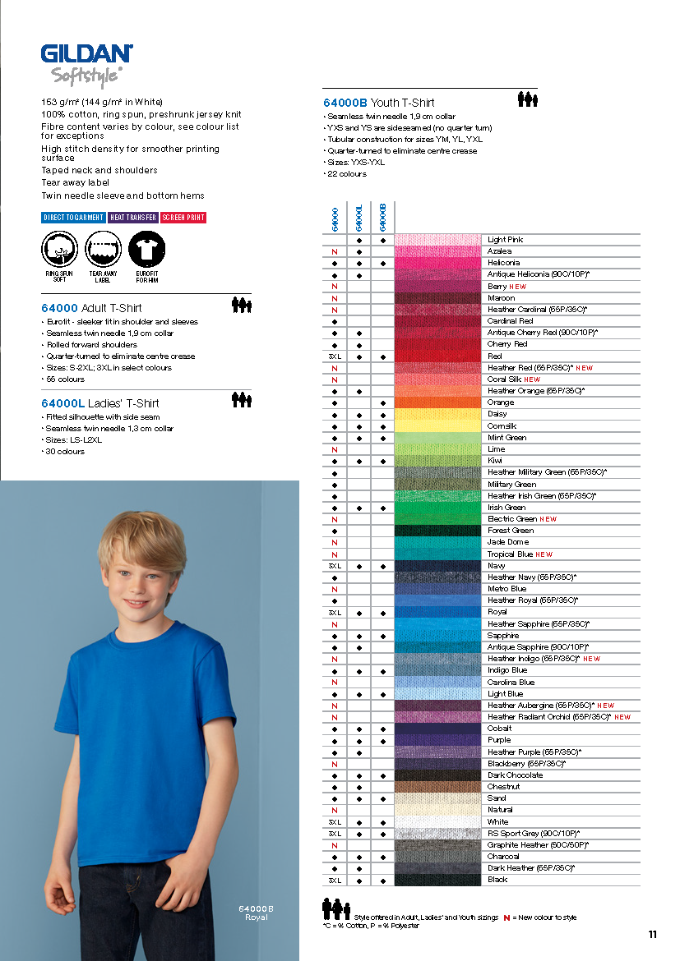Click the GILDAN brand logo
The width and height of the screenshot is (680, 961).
pyautogui.click(x=86, y=54)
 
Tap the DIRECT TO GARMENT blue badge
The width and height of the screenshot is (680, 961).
pyautogui.click(x=73, y=218)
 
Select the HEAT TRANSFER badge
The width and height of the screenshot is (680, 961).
pyautogui.click(x=133, y=218)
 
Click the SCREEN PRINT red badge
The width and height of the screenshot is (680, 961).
pyautogui.click(x=183, y=218)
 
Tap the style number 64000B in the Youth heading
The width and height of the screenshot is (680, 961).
pyautogui.click(x=345, y=103)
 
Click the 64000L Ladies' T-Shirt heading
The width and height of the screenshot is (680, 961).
pyautogui.click(x=100, y=403)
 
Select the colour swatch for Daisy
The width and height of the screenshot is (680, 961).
pyautogui.click(x=437, y=415)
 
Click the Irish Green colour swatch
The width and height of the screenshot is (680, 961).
pyautogui.click(x=437, y=508)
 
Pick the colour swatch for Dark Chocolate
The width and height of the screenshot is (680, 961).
pyautogui.click(x=437, y=775)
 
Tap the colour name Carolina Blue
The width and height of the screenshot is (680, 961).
pyautogui.click(x=511, y=683)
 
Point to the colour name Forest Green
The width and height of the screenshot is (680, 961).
pyautogui.click(x=511, y=531)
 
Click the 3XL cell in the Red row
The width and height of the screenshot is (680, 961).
pyautogui.click(x=335, y=356)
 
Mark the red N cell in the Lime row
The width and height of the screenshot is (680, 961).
pyautogui.click(x=335, y=449)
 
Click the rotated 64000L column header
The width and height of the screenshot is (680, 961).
pyautogui.click(x=359, y=218)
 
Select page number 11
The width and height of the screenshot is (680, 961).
pyautogui.click(x=653, y=934)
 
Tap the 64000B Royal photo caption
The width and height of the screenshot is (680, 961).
pyautogui.click(x=256, y=912)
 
